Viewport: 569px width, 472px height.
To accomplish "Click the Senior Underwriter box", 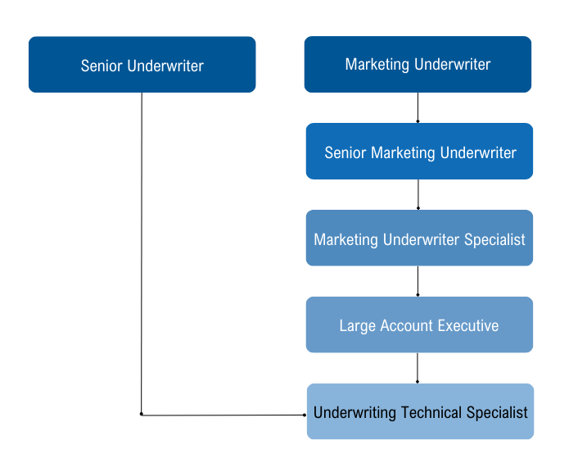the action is pyautogui.click(x=142, y=64).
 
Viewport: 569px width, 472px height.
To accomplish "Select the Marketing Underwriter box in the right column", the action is pyautogui.click(x=418, y=64).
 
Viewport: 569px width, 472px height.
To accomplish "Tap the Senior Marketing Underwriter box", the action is pyautogui.click(x=419, y=151).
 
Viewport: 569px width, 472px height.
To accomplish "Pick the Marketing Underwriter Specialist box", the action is pyautogui.click(x=419, y=238).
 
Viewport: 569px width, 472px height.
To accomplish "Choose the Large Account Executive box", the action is pyautogui.click(x=419, y=324).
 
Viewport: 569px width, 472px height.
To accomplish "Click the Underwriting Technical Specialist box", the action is pyautogui.click(x=420, y=411).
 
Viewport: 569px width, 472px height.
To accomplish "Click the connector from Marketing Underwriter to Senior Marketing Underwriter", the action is pyautogui.click(x=418, y=108).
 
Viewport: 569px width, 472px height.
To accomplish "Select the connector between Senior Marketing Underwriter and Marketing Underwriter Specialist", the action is pyautogui.click(x=418, y=194).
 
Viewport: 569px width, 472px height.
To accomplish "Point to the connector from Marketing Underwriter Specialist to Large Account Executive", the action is pyautogui.click(x=418, y=281).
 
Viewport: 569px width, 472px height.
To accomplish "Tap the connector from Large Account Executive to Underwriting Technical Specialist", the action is pyautogui.click(x=418, y=368).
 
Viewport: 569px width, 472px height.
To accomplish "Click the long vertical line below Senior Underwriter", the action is pyautogui.click(x=142, y=253).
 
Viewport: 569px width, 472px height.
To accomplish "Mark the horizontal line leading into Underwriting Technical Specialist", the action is pyautogui.click(x=224, y=415).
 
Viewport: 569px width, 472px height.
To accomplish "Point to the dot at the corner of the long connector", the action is pyautogui.click(x=142, y=415).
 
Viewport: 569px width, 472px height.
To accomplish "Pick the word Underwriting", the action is pyautogui.click(x=354, y=413).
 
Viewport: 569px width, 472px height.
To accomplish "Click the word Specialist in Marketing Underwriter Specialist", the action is pyautogui.click(x=494, y=240).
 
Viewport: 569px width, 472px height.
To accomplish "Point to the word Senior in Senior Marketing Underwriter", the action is pyautogui.click(x=345, y=152).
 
